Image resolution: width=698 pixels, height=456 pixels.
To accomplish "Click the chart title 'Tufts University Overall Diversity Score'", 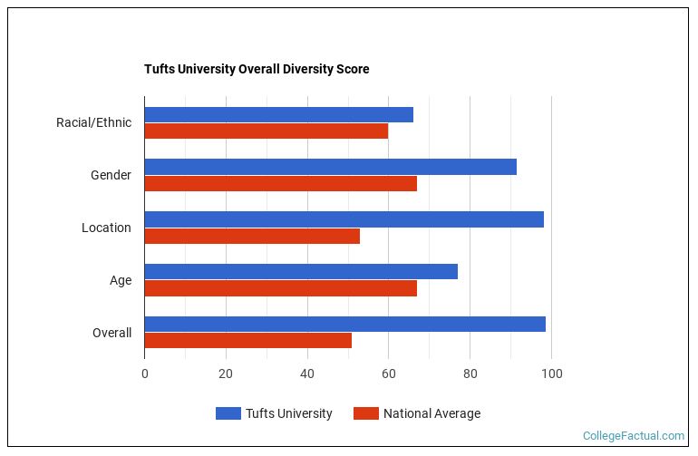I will (257, 69).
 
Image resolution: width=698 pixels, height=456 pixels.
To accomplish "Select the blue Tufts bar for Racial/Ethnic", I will (278, 114).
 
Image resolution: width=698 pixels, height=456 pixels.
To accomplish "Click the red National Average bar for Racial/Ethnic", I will (266, 131).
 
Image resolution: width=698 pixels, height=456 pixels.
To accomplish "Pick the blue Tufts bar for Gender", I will (330, 167).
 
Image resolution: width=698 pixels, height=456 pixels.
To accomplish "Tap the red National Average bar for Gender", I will (280, 183).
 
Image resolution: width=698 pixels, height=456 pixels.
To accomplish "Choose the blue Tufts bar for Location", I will (344, 219).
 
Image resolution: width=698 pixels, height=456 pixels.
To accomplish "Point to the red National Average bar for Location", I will (252, 236).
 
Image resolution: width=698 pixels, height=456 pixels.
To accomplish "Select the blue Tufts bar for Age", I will (301, 271).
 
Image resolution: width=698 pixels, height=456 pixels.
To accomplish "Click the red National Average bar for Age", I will (280, 288).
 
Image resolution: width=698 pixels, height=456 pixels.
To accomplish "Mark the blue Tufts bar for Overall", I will (344, 324).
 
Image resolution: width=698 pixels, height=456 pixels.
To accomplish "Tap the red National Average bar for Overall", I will (247, 341).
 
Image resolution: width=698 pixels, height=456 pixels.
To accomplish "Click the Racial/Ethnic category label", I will (93, 122).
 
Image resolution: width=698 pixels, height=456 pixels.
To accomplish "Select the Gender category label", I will (111, 175).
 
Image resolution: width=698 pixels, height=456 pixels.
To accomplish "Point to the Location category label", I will (106, 228).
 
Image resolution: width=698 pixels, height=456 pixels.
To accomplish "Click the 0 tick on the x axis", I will (144, 374).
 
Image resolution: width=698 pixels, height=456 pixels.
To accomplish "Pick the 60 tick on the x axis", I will (388, 374).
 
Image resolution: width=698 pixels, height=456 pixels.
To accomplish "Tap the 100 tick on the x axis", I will (551, 374).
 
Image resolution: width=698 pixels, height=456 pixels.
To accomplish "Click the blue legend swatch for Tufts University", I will (228, 413).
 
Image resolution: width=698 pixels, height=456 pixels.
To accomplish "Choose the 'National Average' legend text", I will (431, 413).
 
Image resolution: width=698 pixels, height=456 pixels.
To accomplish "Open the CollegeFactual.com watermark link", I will (634, 436).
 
